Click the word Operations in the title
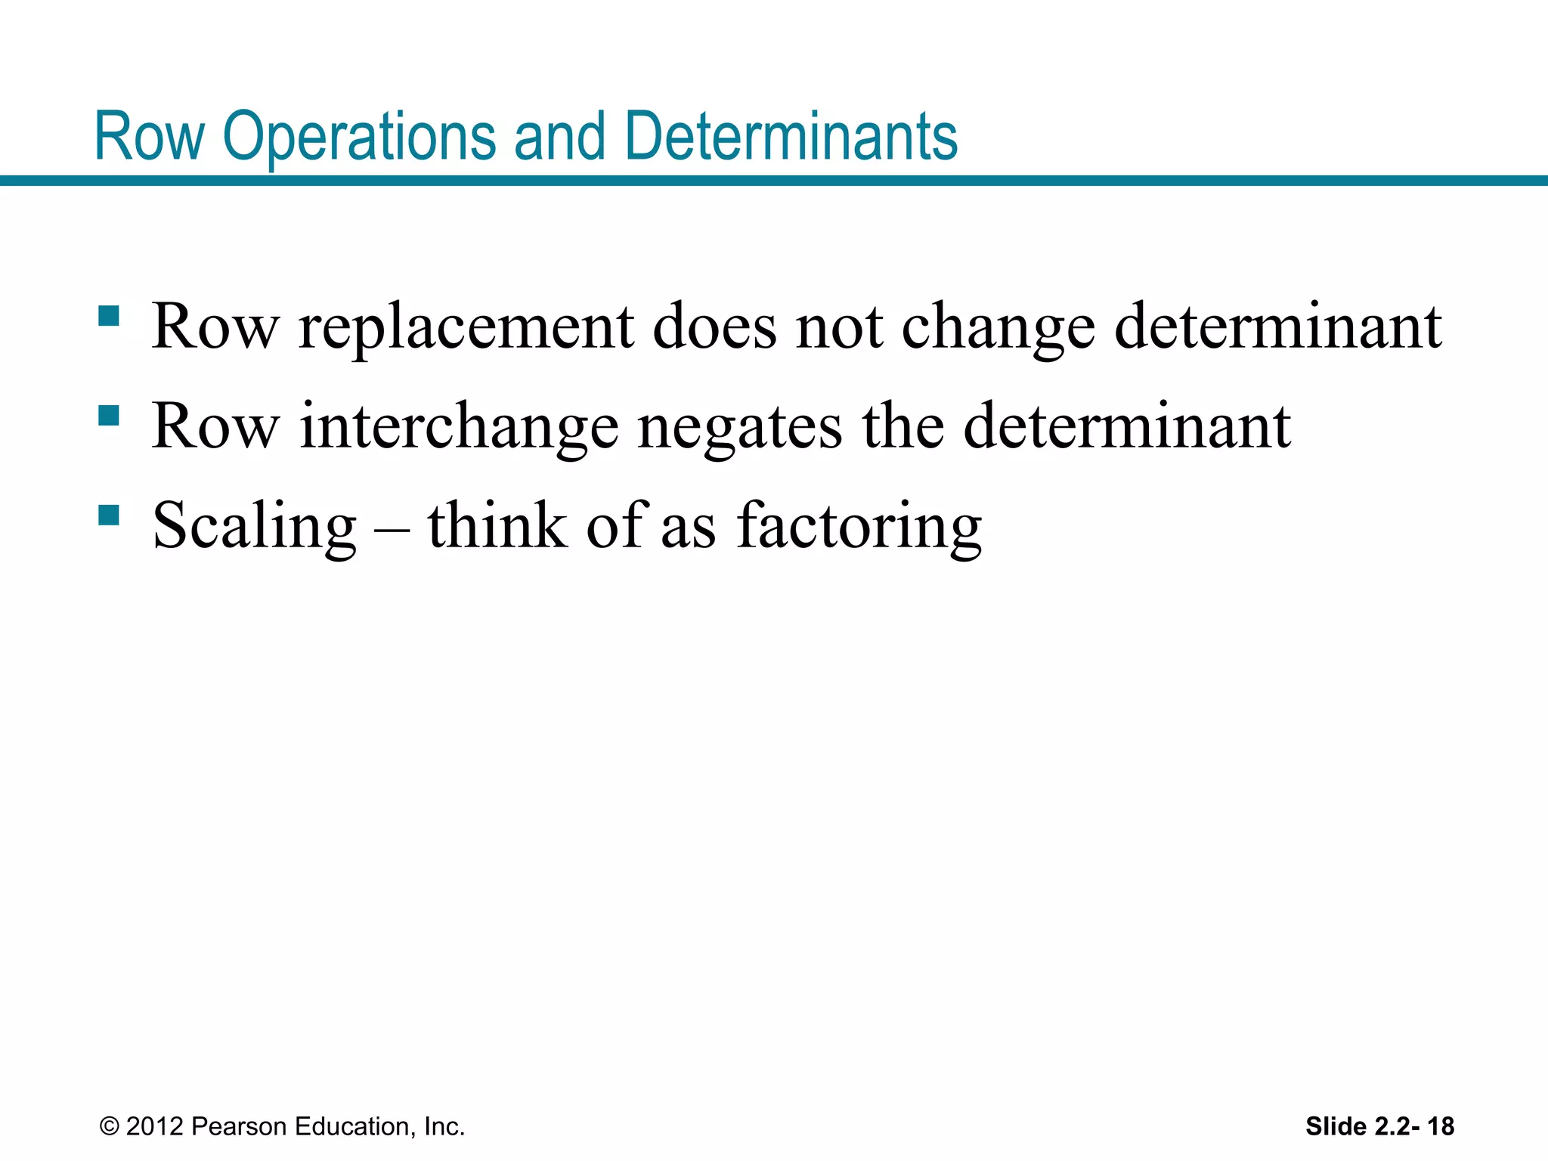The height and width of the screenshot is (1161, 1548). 359,138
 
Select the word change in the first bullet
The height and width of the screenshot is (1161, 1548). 998,328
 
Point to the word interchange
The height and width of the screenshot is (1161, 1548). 459,427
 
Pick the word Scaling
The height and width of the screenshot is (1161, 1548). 255,527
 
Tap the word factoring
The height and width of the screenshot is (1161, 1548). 859,527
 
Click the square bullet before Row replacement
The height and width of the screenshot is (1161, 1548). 109,316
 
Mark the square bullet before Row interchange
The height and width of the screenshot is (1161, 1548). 109,416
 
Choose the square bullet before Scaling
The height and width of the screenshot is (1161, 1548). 109,515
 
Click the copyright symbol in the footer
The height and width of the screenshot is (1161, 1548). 110,1126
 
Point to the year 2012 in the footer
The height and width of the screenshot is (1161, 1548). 155,1126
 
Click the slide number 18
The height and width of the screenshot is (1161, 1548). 1441,1126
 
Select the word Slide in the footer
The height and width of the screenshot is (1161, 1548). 1336,1126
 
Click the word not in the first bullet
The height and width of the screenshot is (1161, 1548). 839,328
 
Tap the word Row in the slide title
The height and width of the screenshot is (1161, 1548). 150,138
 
